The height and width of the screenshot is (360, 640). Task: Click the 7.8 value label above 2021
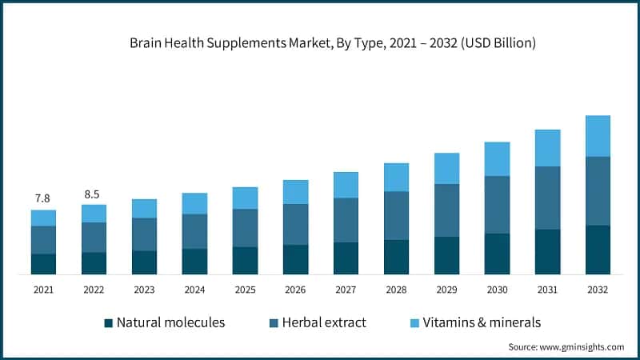click(43, 198)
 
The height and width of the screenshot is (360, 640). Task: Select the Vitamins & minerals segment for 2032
click(598, 136)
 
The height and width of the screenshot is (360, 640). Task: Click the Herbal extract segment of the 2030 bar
click(497, 205)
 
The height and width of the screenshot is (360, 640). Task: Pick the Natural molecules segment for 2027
click(346, 258)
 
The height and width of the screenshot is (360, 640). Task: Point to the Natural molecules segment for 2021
click(43, 264)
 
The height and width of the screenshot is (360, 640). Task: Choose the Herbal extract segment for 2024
click(194, 231)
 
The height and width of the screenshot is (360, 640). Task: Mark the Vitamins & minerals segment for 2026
click(295, 192)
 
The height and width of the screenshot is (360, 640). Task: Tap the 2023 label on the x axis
click(144, 290)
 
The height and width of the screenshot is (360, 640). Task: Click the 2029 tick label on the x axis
click(446, 290)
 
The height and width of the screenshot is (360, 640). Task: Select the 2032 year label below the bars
click(598, 290)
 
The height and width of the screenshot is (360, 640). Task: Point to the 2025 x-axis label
click(245, 290)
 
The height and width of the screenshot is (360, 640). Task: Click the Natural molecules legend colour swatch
click(108, 323)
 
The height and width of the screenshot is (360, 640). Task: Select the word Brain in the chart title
click(145, 43)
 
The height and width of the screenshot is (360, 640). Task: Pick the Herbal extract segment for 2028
click(396, 215)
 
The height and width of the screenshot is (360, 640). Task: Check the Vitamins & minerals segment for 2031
click(547, 148)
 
